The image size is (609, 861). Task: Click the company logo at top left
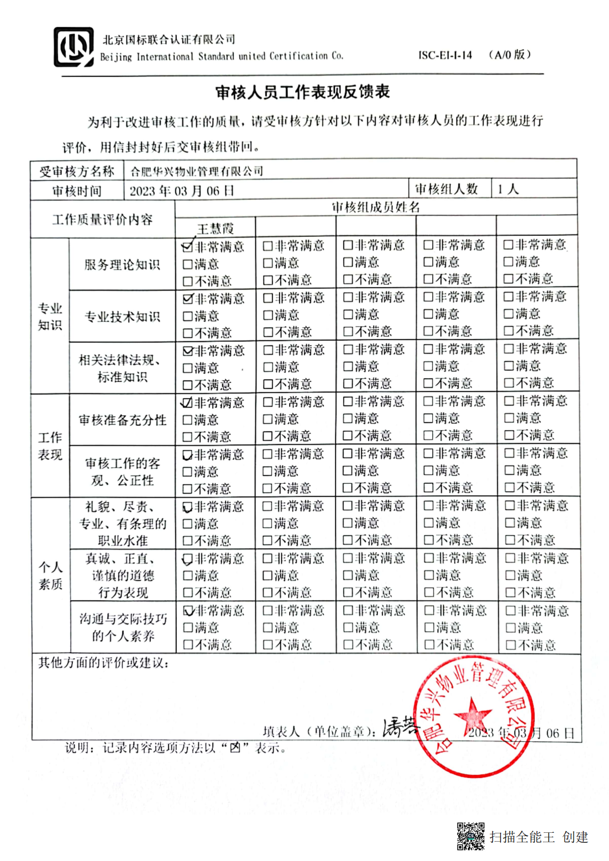coord(73,47)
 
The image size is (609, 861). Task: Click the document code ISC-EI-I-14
coord(445,55)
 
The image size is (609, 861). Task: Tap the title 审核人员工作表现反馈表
coord(303,92)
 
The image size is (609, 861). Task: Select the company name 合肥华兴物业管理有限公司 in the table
coord(196,171)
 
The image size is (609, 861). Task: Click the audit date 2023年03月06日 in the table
coord(182,191)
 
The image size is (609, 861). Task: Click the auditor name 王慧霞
coord(215,228)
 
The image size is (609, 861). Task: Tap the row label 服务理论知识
coord(122,265)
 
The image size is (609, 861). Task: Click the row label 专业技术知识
coord(122,316)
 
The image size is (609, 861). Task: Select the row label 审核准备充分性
coord(122,420)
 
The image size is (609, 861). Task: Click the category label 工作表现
coord(50,446)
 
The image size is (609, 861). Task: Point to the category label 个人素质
coord(50,575)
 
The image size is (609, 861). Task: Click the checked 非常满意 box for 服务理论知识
coord(187,247)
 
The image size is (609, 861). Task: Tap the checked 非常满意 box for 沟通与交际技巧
coord(188,611)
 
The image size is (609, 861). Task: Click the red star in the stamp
coord(472,715)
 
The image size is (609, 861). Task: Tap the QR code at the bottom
coord(470,836)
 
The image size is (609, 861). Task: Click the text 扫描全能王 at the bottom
coord(522,837)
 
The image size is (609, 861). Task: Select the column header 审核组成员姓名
coord(376,207)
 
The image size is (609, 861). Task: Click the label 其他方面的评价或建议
coord(103,663)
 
